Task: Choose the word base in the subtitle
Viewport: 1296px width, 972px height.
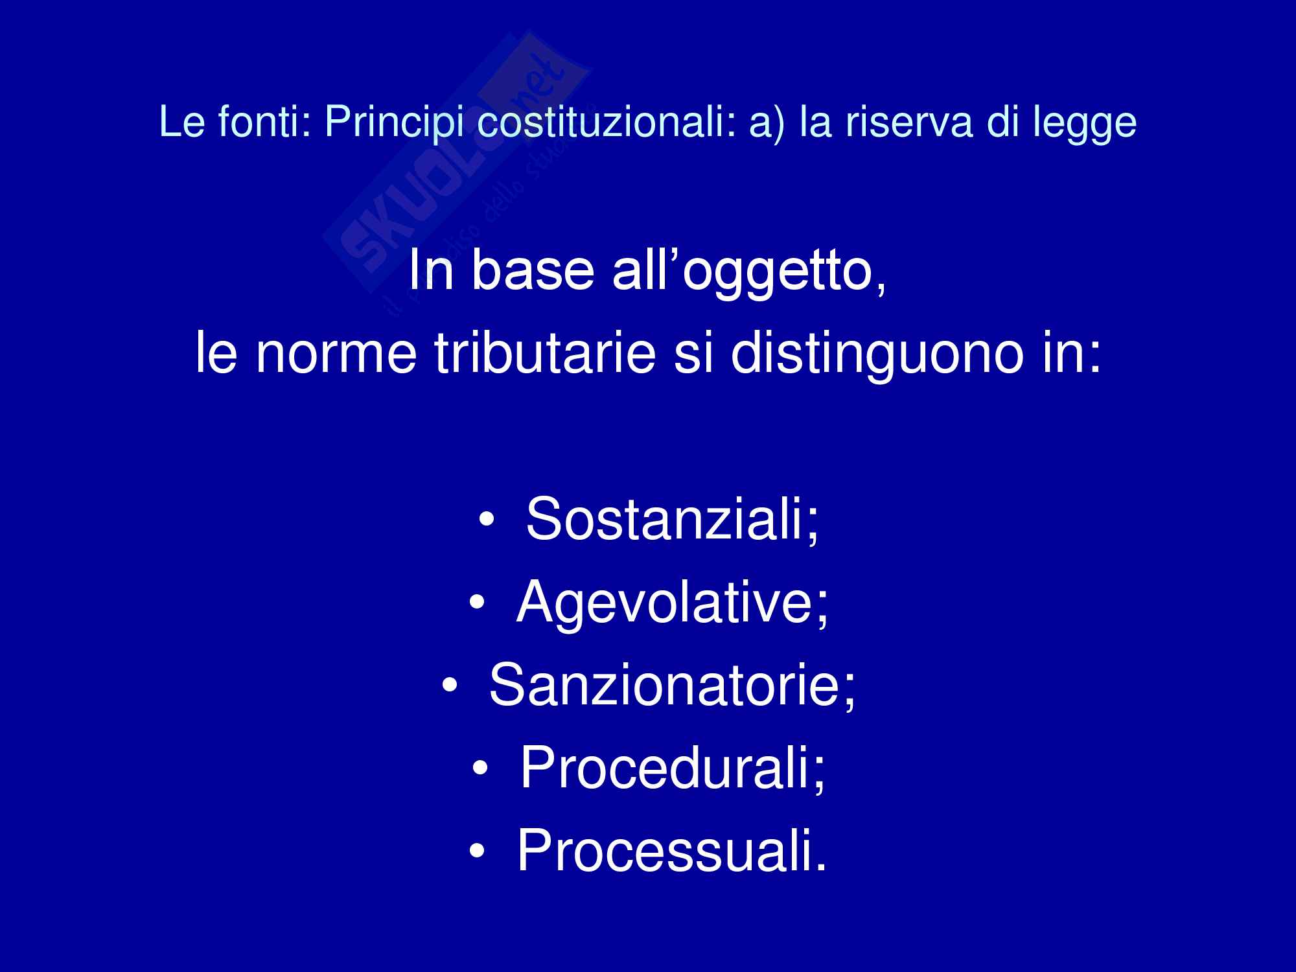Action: [x=532, y=270]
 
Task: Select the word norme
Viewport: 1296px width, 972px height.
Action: [x=336, y=358]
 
